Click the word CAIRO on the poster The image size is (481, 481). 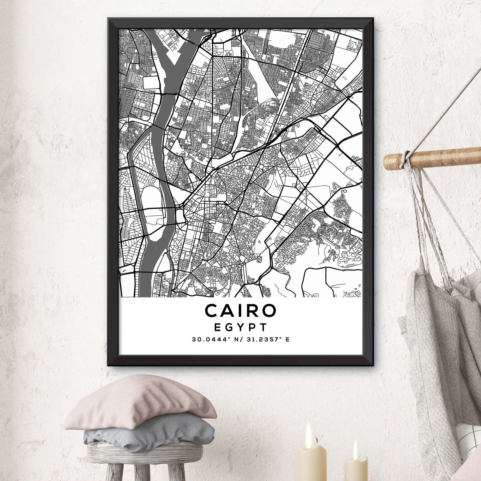[x=240, y=310]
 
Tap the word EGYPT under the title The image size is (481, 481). [x=240, y=327]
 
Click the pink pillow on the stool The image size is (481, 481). [x=140, y=403]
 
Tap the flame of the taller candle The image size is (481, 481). [x=309, y=431]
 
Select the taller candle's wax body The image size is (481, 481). [x=311, y=464]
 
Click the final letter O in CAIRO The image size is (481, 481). [x=269, y=310]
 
